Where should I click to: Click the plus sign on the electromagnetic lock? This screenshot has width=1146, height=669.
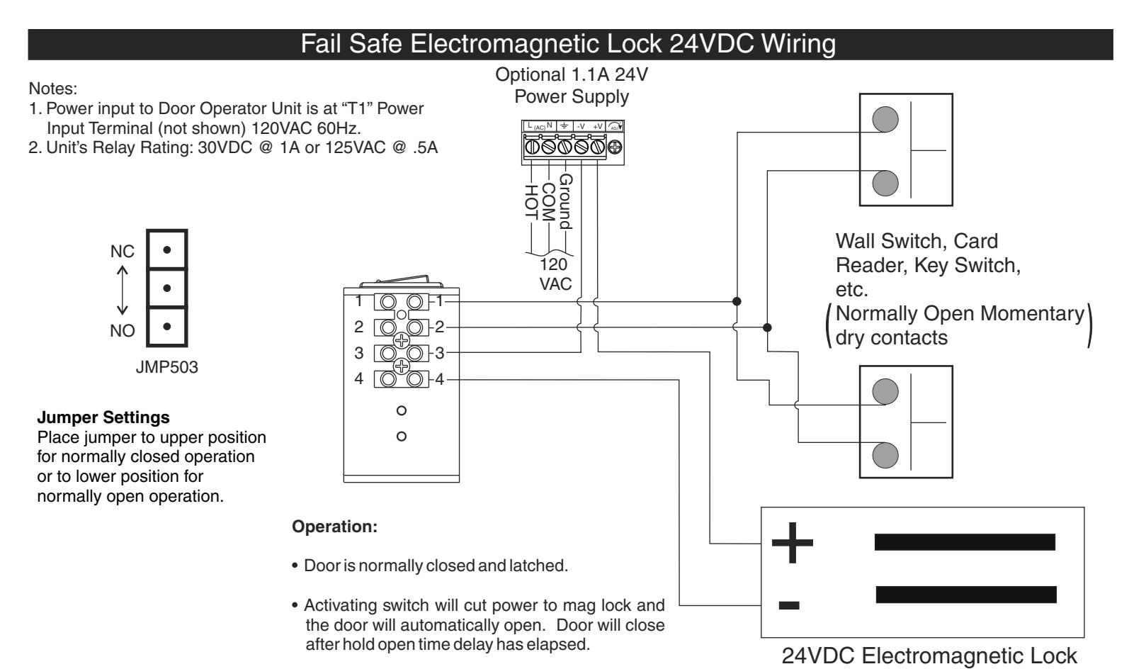point(792,543)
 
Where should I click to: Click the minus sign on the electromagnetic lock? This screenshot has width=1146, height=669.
point(789,605)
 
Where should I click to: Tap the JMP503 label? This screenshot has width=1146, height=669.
point(166,367)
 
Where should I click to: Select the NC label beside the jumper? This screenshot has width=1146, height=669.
point(123,252)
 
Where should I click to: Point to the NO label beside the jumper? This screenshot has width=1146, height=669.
point(123,331)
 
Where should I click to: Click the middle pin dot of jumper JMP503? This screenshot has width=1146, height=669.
point(166,288)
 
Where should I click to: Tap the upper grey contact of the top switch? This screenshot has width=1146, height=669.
point(885,119)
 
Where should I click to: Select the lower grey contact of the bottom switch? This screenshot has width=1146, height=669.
point(885,455)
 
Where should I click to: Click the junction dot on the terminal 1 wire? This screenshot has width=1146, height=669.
point(737,301)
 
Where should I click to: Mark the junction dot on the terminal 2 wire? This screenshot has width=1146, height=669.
point(767,327)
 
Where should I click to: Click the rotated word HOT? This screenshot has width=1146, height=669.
point(531,202)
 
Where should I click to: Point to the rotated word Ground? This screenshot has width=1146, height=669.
point(565,202)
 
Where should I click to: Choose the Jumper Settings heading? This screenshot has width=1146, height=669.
point(103,417)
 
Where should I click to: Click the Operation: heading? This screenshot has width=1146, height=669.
point(334,527)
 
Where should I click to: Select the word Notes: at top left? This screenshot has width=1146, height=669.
point(52,89)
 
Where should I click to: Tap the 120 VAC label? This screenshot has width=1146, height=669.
point(555,274)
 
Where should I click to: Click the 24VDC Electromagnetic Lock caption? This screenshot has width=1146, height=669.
point(929,656)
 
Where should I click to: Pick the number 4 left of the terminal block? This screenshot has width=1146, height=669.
point(358,378)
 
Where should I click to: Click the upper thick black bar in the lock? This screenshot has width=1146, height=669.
point(965,542)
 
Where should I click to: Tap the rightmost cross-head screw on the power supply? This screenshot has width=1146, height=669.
point(615,147)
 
